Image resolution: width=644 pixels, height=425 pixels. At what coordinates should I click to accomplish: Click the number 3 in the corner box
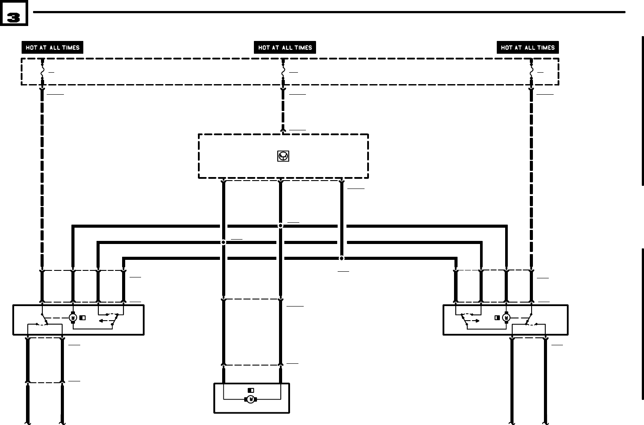point(14,17)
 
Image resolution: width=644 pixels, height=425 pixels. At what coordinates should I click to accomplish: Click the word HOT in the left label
point(31,48)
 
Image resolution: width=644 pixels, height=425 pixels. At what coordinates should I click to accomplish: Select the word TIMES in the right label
point(546,48)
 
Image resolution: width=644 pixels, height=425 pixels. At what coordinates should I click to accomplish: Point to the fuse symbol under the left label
point(42,70)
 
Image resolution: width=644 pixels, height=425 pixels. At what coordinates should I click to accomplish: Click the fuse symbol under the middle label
point(283,70)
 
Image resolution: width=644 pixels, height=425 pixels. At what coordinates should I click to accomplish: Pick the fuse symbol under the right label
point(532,70)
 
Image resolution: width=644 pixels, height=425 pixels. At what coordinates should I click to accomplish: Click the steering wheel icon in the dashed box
point(283,156)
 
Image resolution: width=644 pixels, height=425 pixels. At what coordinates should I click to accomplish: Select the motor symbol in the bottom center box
point(251,399)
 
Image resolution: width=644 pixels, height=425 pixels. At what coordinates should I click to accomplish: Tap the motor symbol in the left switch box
point(73,318)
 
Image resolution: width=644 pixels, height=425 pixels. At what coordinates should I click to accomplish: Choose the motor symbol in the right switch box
point(506,318)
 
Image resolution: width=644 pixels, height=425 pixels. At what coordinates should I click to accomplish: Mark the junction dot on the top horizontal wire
point(280,226)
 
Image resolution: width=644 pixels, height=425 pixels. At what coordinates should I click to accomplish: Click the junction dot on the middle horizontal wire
point(223,242)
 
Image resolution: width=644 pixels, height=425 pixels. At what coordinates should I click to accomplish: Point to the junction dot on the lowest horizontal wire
point(342,259)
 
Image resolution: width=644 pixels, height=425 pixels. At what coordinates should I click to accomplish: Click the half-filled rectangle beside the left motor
point(82,318)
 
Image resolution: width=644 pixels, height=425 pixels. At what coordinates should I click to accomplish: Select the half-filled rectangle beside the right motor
point(497,318)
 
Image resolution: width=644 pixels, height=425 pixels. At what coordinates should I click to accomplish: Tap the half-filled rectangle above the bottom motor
point(251,390)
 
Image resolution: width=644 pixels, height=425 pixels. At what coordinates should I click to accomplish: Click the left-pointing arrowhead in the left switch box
point(101,321)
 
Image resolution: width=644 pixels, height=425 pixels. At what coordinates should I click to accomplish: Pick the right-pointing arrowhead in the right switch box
point(478,321)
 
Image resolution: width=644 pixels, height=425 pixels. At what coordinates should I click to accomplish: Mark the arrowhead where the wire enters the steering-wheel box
point(283,130)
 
